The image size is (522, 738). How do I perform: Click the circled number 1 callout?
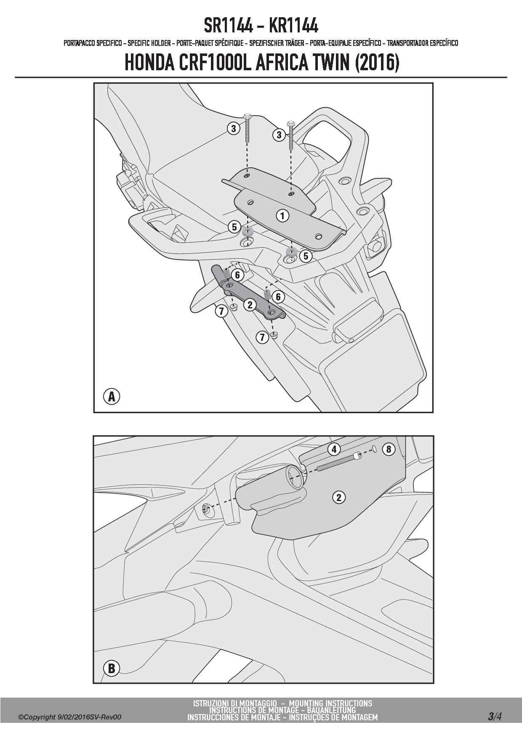click(282, 216)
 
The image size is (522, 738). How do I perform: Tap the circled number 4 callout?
click(334, 449)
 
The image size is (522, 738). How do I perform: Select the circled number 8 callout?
click(389, 449)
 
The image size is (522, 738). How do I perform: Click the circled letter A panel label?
click(112, 396)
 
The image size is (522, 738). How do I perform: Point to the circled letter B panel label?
click(112, 669)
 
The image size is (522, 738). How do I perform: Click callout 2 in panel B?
click(339, 497)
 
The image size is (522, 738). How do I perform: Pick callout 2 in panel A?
click(250, 305)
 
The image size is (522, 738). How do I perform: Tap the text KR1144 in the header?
click(293, 26)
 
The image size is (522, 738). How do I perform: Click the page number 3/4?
click(495, 717)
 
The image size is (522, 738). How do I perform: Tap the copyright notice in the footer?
click(70, 717)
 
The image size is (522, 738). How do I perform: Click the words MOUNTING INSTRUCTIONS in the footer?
click(330, 703)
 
